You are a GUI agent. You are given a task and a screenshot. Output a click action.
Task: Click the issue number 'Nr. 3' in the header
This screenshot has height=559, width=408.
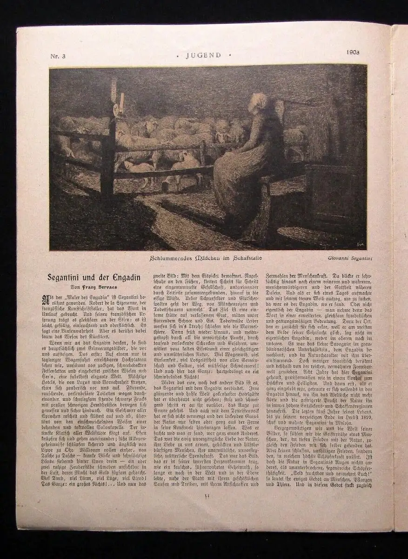pos(58,56)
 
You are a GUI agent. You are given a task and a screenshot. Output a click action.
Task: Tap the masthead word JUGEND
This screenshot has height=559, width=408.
pos(203,55)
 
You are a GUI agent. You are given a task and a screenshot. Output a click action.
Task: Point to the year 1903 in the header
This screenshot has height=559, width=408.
pos(353,52)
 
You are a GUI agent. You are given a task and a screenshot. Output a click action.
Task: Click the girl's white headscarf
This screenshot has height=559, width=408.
pos(258,101)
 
